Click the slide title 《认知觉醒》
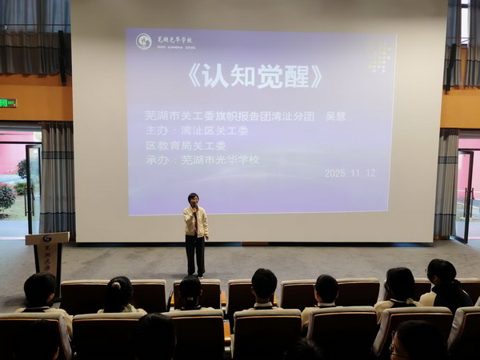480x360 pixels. (254, 76)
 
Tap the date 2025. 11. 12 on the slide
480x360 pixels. (350, 173)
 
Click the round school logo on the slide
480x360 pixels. (143, 41)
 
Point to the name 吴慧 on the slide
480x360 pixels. (335, 115)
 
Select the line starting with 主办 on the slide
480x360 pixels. (197, 130)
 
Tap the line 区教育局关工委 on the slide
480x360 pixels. (186, 145)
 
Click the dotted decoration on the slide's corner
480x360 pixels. (380, 59)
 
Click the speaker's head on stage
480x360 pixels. (193, 199)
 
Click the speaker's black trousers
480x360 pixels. (194, 254)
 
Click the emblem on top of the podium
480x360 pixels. (46, 238)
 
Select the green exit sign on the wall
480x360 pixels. (7, 102)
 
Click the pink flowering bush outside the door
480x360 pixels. (6, 197)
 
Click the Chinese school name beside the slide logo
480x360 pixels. (174, 39)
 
